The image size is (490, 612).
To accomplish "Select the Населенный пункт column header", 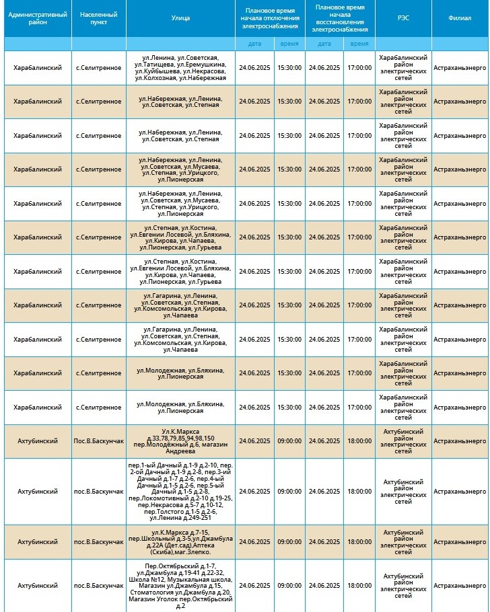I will tap(98, 18).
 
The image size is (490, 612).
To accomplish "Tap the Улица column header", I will tap(180, 18).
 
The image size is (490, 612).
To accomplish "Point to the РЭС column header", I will tap(403, 18).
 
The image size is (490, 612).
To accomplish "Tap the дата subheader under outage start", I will tap(254, 43).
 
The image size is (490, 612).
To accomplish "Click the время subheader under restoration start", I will tap(359, 43).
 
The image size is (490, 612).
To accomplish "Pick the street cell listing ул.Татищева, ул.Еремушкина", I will tap(180, 68).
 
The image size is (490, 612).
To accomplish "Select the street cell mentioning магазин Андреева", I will tap(180, 441).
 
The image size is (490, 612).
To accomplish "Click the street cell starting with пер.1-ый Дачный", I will tap(180, 492).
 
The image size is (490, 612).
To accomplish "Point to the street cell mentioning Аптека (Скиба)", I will tap(180, 542).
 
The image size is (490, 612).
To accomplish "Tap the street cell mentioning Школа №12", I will tap(180, 586).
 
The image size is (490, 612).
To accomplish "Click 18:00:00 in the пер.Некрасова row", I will tap(359, 492).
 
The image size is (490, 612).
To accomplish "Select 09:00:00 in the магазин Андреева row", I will tap(289, 441).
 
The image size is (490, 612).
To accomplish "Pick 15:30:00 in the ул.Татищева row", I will tap(289, 68).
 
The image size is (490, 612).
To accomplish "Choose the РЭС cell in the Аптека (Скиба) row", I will tap(403, 542).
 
